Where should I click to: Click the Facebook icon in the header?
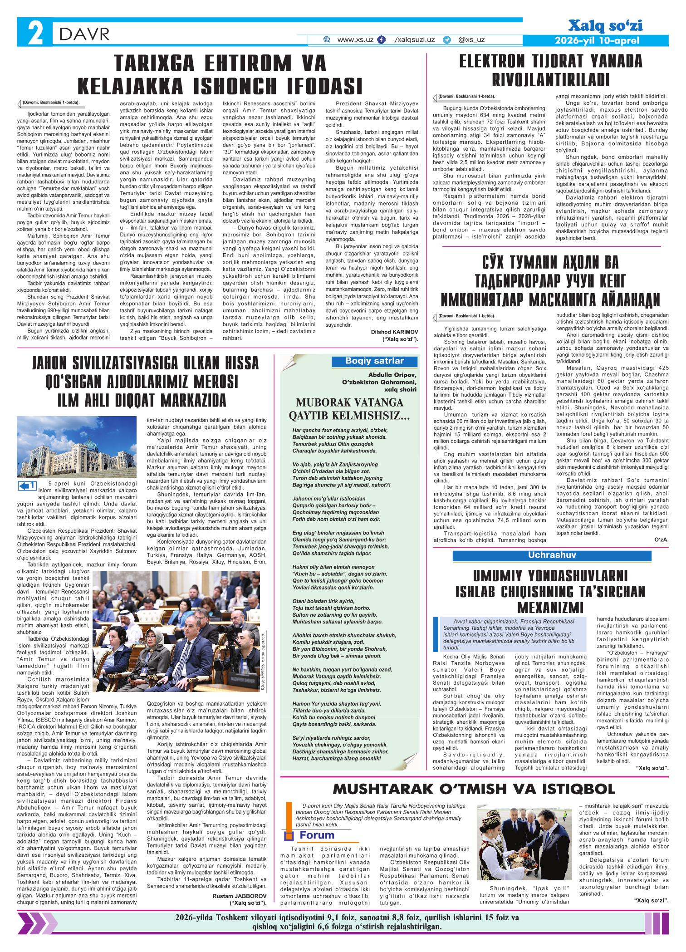click(x=382, y=40)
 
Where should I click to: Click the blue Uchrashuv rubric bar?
click(x=552, y=555)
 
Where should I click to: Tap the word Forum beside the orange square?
click(x=317, y=835)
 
